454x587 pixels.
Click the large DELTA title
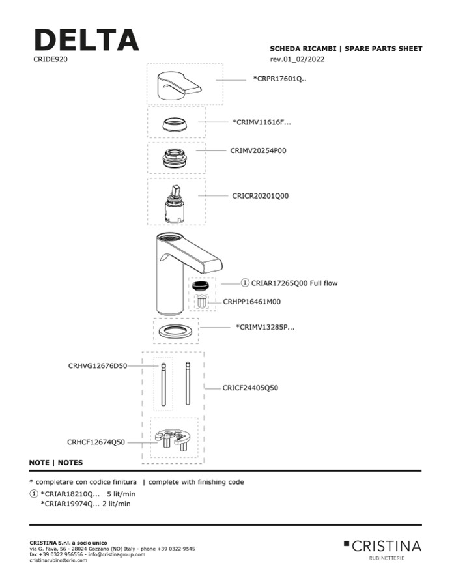click(86, 40)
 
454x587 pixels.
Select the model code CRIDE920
click(51, 59)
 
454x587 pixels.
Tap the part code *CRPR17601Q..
click(279, 79)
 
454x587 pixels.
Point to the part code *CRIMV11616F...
click(261, 122)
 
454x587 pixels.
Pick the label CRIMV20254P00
click(258, 150)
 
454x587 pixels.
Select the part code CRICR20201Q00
click(260, 195)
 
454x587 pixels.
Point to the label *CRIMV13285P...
click(264, 327)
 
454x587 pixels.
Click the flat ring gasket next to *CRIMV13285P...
click(176, 331)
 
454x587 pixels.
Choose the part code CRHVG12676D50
click(98, 366)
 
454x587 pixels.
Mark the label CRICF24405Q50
click(250, 388)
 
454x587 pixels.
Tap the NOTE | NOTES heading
click(56, 463)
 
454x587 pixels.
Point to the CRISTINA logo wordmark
click(386, 545)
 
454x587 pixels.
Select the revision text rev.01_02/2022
click(297, 59)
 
